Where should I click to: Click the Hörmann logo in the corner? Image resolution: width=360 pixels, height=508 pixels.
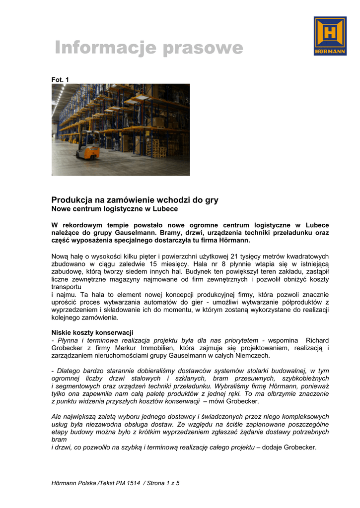[330, 36]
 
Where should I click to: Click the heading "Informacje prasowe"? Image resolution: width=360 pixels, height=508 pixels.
[149, 48]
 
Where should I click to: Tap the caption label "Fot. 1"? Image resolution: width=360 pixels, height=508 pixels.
[60, 80]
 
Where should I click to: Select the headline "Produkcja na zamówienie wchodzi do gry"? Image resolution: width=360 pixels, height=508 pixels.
[135, 200]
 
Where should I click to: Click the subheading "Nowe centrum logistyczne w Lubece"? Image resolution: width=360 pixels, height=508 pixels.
[115, 209]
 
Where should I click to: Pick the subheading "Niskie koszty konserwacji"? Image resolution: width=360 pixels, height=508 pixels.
[92, 332]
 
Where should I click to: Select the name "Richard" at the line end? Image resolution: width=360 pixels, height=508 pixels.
[317, 340]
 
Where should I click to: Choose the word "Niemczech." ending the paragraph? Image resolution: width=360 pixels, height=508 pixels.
[254, 356]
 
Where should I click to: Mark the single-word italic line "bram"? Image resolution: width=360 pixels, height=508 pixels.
[58, 440]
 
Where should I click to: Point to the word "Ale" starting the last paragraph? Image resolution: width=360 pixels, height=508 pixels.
[57, 417]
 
